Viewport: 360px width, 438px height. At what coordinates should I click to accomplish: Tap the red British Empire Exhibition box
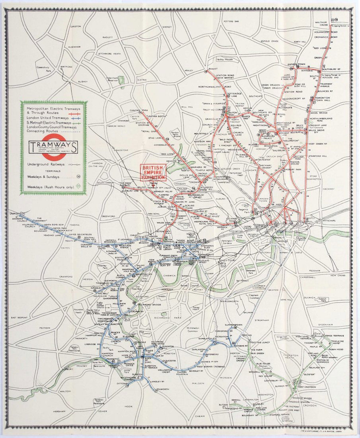click(x=152, y=172)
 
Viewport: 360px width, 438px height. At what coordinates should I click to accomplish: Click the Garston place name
click(x=75, y=26)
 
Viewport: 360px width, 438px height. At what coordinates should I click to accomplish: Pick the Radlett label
click(x=108, y=37)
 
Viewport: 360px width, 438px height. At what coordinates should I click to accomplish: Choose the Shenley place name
click(x=167, y=27)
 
